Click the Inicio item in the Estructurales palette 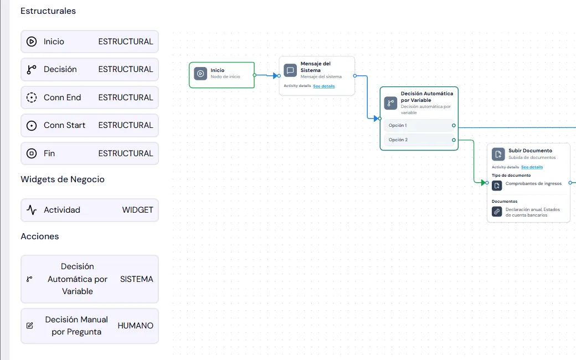pos(89,42)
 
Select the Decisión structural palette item pos(89,69)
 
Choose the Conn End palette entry pos(89,97)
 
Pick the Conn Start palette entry pos(89,125)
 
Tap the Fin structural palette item pos(89,153)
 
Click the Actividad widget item pos(89,210)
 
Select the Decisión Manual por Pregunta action pos(89,326)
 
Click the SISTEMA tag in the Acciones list pos(136,279)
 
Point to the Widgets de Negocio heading pos(63,179)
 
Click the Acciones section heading pos(40,236)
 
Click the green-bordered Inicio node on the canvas pos(222,75)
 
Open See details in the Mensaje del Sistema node pos(323,86)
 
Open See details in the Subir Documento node pos(532,167)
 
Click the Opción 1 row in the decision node pos(419,125)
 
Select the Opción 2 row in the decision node pos(419,140)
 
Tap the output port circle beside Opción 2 pos(454,140)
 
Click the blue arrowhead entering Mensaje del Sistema pos(275,76)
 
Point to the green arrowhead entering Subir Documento pos(484,183)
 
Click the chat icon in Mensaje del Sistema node pos(290,70)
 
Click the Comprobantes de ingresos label pos(533,183)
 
